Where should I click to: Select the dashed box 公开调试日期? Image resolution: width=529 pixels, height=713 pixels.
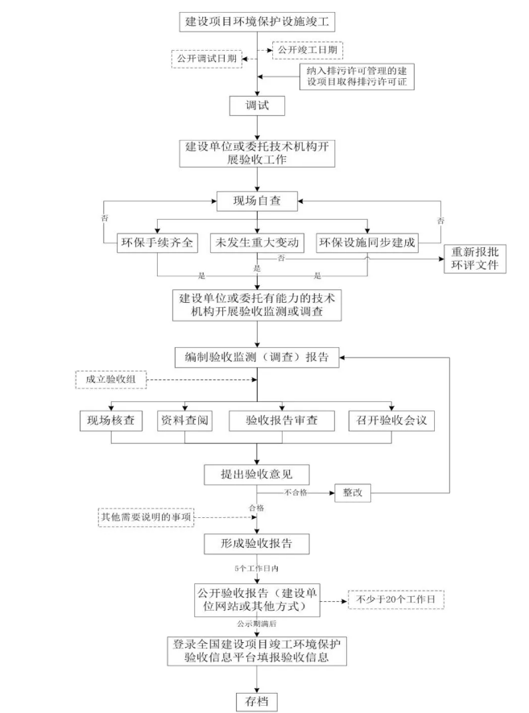(206, 59)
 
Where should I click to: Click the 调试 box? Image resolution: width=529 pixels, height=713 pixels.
(257, 106)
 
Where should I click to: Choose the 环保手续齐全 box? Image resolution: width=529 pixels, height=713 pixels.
(158, 243)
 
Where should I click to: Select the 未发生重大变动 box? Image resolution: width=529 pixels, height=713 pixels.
(257, 243)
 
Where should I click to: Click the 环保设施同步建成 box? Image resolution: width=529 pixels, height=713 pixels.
(367, 243)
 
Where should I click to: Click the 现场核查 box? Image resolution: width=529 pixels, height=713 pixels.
(111, 420)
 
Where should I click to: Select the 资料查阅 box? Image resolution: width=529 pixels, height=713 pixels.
(185, 420)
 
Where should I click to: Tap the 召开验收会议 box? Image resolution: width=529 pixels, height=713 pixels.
(392, 420)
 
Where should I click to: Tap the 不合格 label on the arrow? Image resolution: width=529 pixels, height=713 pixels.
(296, 491)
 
